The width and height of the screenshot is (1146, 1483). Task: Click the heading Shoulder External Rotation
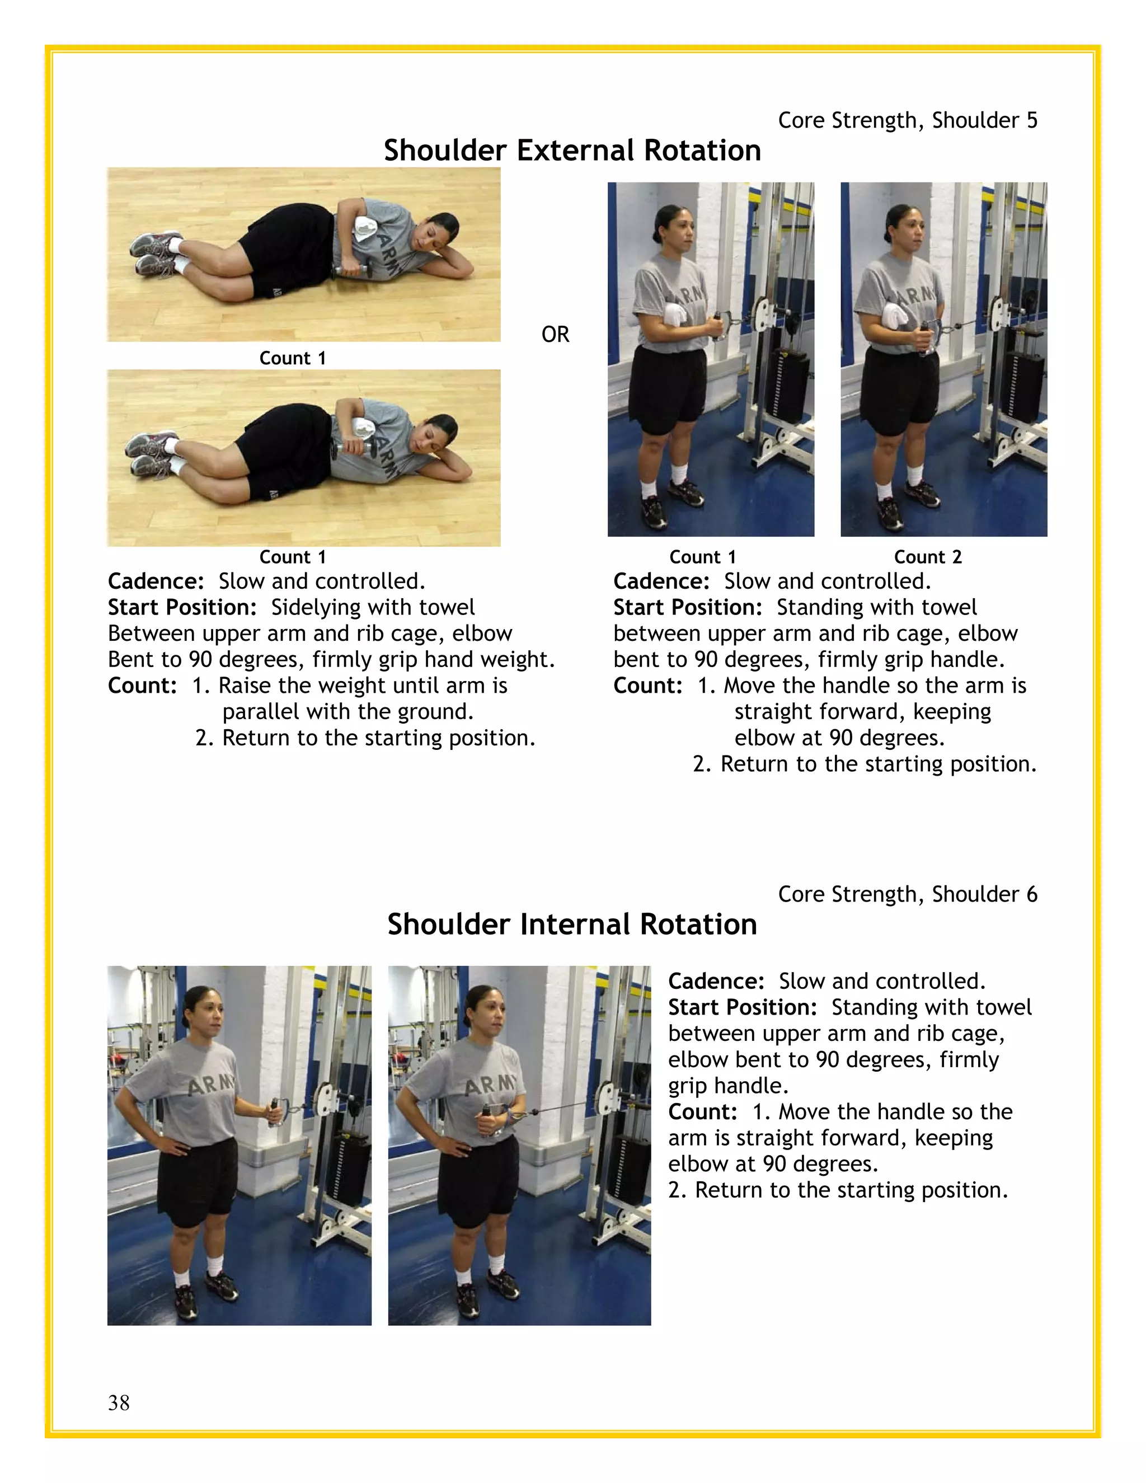point(572,150)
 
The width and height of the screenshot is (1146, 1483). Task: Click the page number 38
point(119,1402)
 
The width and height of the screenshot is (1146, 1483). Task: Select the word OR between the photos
point(555,334)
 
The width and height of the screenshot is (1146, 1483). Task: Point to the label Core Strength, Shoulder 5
point(907,120)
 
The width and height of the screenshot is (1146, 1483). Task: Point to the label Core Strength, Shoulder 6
point(907,894)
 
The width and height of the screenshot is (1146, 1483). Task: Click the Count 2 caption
point(927,557)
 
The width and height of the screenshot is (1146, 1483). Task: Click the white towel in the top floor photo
point(367,227)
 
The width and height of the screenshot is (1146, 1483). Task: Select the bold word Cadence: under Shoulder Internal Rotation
point(716,981)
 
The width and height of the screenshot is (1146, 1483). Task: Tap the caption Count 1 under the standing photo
point(702,557)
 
